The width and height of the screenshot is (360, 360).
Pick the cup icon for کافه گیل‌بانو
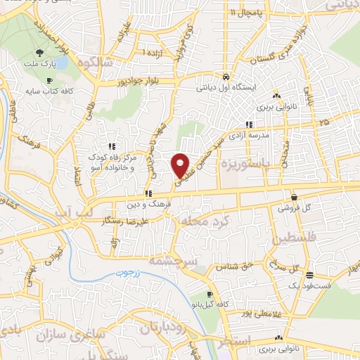click(x=209, y=295)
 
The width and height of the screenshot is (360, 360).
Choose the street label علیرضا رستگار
click(x=124, y=221)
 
